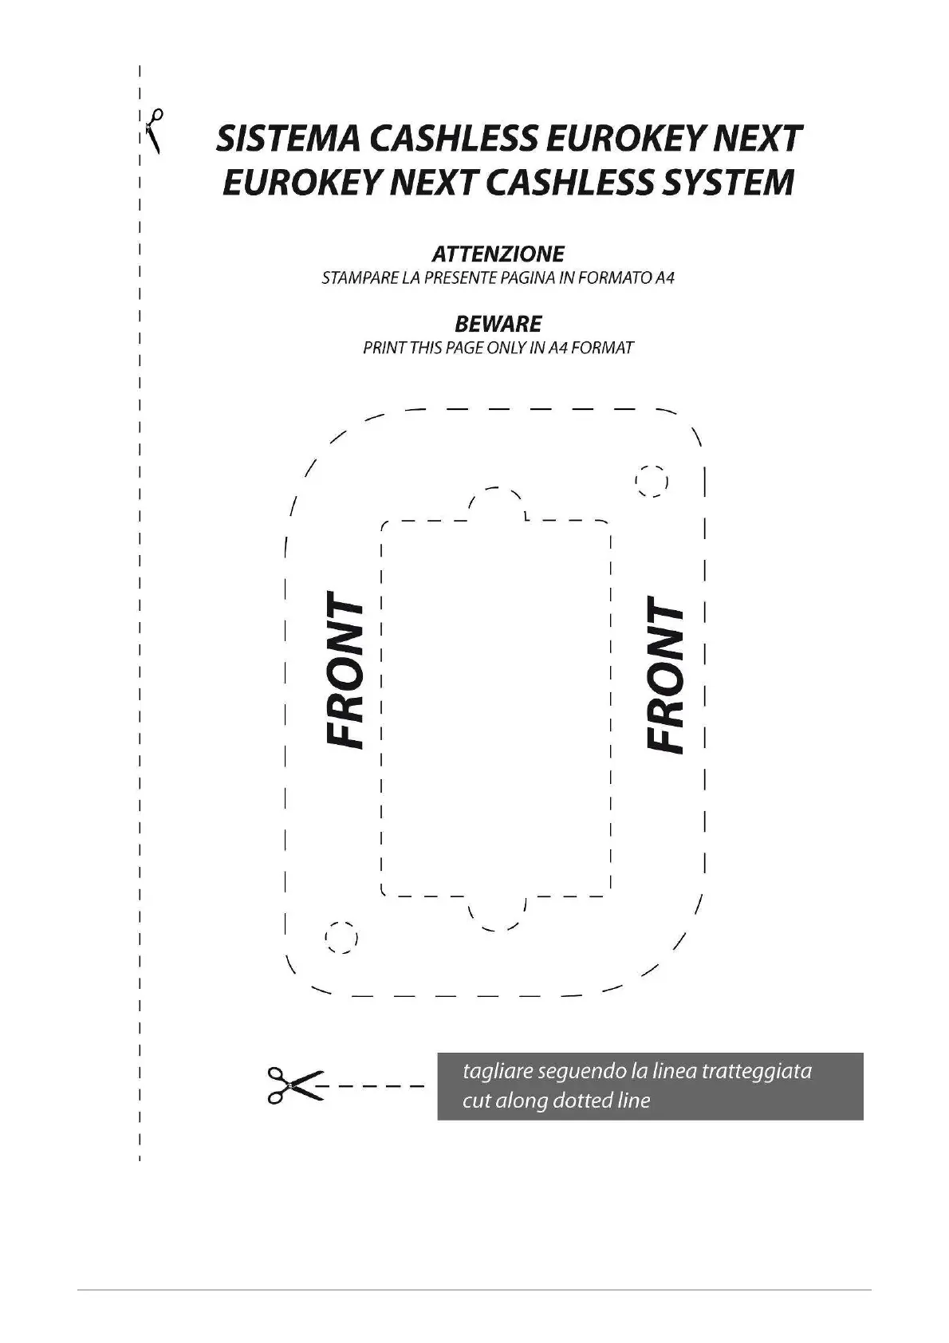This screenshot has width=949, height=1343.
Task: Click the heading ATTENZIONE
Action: tap(498, 254)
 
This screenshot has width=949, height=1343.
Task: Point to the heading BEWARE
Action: tap(498, 324)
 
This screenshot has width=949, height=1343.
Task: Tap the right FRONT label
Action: tap(664, 674)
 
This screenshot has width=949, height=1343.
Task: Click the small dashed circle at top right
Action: tap(651, 482)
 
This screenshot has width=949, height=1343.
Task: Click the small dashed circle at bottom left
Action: tap(341, 938)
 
